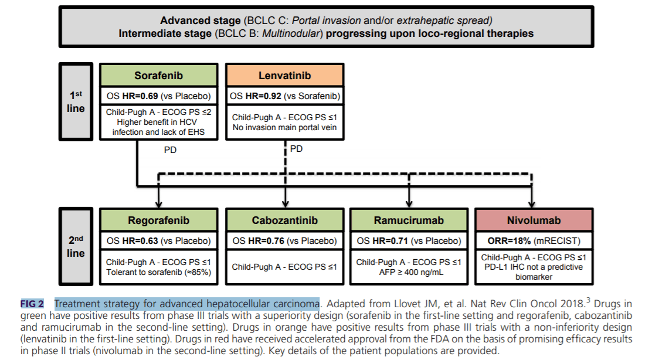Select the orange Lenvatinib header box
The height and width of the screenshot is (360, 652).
285,76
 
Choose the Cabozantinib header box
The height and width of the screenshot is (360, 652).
285,220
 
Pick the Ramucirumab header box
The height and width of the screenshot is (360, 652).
409,220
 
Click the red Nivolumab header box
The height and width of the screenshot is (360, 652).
533,220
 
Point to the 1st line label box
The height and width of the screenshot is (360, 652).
76,101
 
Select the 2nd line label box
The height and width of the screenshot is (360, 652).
76,246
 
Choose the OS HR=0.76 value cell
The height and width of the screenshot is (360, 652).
285,241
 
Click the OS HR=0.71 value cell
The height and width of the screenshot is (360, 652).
409,241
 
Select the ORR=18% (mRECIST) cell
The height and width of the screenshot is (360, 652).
533,241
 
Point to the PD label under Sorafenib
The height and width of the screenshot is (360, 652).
170,150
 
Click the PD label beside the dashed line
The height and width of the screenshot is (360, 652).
297,149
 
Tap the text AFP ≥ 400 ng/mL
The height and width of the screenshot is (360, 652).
409,271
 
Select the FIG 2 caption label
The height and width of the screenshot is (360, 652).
32,304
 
